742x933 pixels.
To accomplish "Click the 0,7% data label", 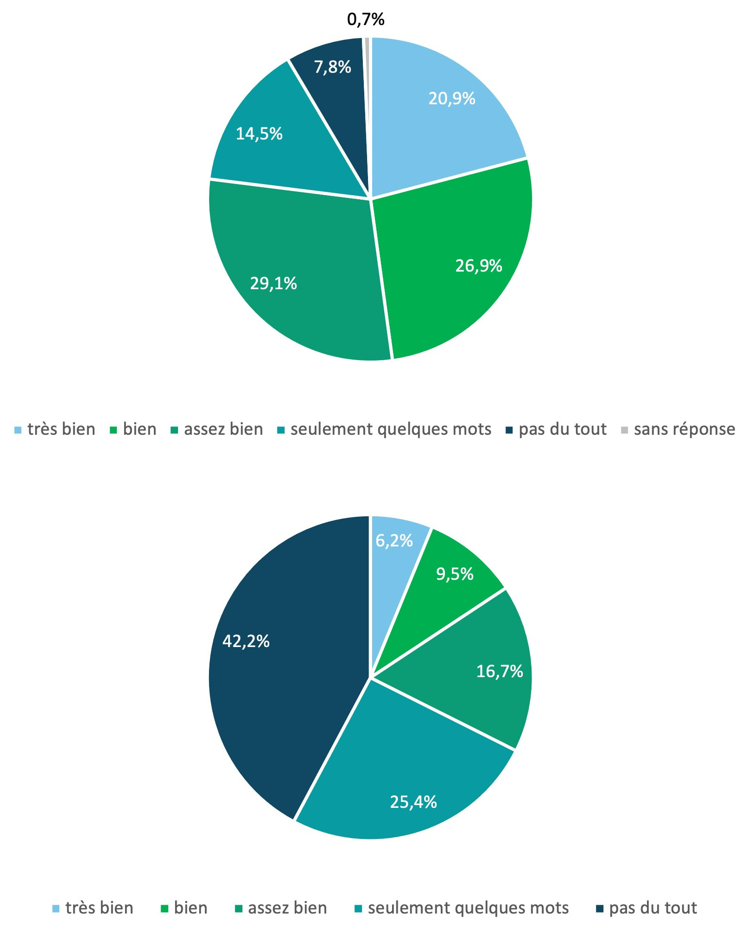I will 366,19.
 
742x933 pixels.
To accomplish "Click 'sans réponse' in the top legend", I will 684,429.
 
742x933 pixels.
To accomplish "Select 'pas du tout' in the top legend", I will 562,429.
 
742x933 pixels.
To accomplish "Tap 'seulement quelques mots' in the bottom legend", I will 468,908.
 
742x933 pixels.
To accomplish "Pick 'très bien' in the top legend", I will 61,429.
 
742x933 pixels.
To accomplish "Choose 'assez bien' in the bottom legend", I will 287,908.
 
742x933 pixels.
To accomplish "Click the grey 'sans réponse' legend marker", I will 624,430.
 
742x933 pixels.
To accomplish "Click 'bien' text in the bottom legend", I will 190,908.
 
